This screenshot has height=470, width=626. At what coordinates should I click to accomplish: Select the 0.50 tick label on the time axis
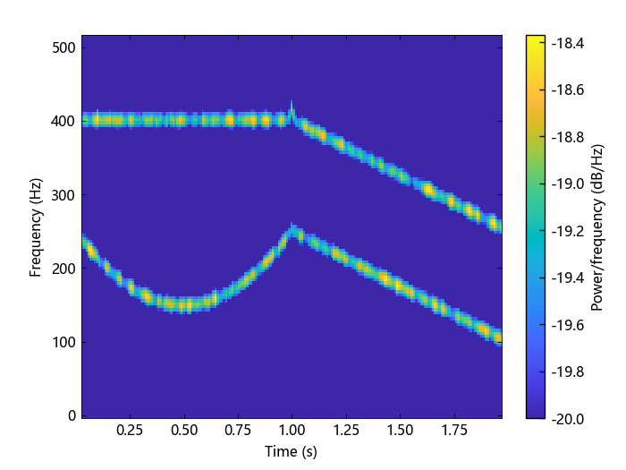(184, 430)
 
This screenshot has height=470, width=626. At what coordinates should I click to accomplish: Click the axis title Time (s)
(292, 452)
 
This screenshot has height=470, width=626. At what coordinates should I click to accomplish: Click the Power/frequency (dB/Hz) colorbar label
(597, 226)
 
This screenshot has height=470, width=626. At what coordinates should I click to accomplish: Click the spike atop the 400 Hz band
(292, 106)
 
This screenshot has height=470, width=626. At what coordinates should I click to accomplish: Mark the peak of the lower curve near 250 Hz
(292, 228)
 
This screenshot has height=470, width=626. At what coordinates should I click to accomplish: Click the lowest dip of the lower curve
(184, 304)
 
